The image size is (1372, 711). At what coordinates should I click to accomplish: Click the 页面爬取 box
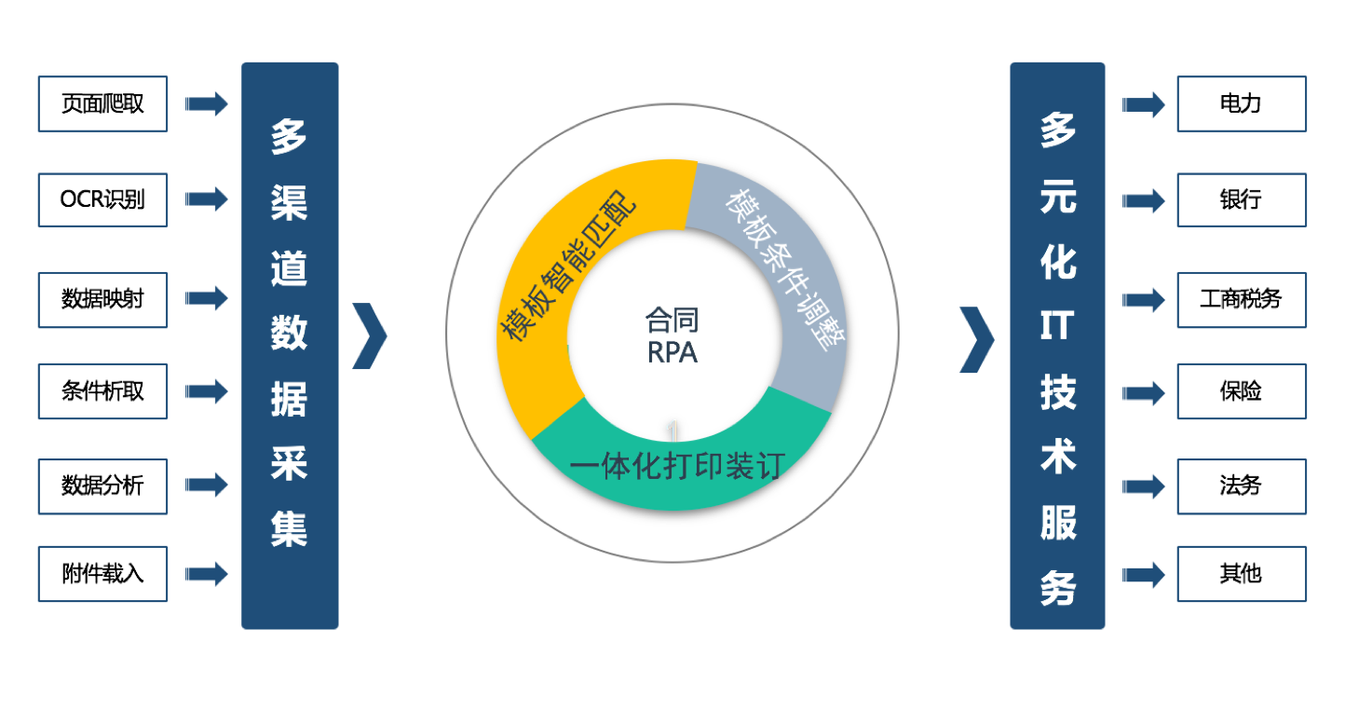tap(102, 103)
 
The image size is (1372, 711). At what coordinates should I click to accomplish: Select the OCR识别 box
tap(102, 199)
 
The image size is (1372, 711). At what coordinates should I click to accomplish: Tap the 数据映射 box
tap(102, 299)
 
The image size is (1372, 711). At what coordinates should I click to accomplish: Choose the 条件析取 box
tap(102, 391)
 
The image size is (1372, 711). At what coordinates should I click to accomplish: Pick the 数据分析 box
tap(102, 485)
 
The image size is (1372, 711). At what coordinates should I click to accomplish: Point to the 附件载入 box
tap(102, 574)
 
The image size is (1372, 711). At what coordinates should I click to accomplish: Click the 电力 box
tap(1241, 103)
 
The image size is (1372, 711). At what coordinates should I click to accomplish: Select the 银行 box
tap(1241, 199)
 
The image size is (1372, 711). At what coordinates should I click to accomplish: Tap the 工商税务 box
tap(1241, 299)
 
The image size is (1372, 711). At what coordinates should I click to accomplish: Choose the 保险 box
tap(1241, 391)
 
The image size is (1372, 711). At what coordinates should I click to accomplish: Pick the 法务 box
tap(1241, 485)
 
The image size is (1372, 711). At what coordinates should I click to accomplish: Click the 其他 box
tap(1241, 574)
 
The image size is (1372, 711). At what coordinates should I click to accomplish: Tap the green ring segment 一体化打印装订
tap(678, 463)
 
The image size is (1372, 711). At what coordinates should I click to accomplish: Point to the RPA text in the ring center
tap(672, 353)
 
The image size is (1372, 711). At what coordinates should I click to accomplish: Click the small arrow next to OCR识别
tap(206, 199)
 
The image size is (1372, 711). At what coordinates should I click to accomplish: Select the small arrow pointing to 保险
tap(1143, 392)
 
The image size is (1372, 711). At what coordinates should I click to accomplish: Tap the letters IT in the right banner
tap(1057, 327)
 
